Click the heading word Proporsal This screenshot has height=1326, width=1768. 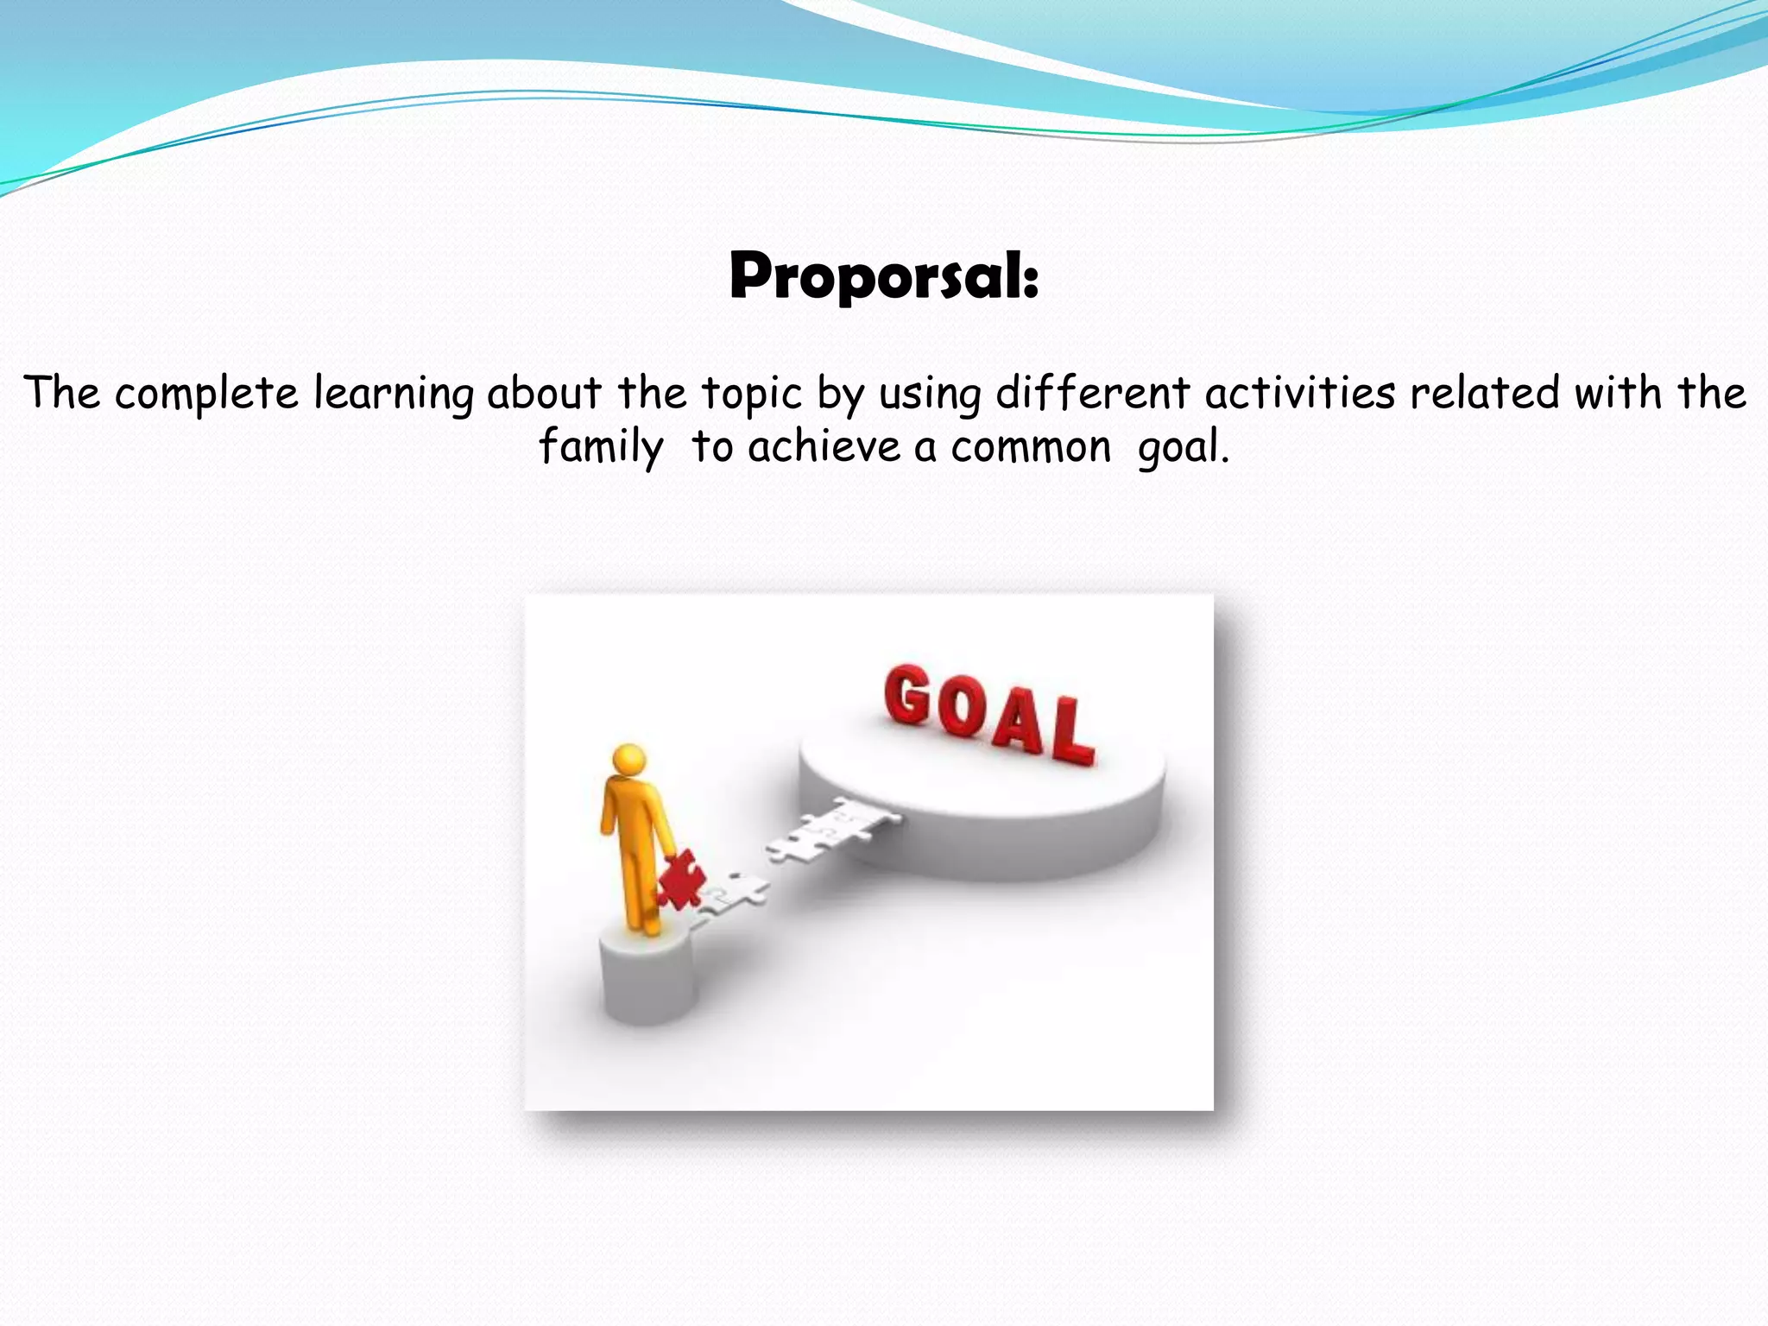coord(883,276)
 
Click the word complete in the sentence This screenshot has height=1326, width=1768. coord(206,394)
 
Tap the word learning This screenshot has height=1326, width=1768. coord(393,394)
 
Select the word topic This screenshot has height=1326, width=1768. coord(751,394)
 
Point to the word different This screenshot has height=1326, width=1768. coord(1093,394)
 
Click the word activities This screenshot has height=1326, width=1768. coord(1300,394)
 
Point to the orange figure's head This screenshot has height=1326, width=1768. coord(628,761)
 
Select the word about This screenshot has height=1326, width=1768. coord(543,394)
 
